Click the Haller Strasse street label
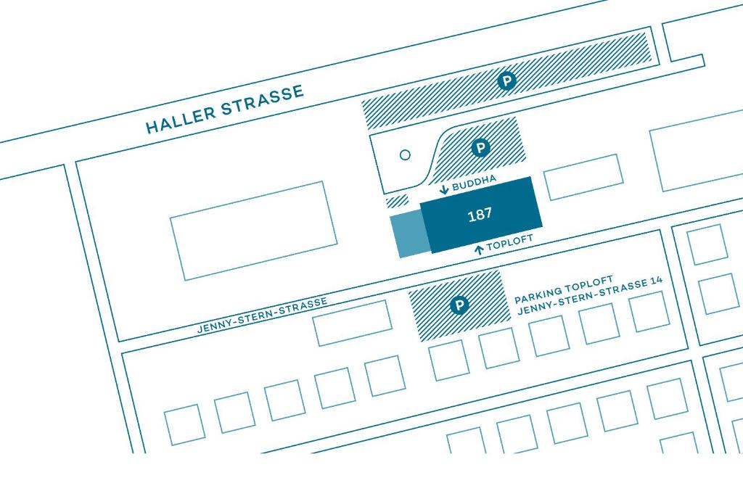(225, 109)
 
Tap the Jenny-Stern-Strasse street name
(262, 315)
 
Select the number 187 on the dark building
(480, 215)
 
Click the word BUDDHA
(474, 183)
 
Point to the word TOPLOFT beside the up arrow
(510, 242)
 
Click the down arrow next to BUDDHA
(444, 190)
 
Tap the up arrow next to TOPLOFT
(479, 249)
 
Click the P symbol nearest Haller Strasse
(506, 81)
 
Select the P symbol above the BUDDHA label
(480, 148)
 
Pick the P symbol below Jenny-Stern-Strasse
(459, 305)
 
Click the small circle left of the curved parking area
(405, 154)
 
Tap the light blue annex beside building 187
(409, 235)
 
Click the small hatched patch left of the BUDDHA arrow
(397, 201)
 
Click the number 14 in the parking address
(656, 280)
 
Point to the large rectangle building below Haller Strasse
(254, 231)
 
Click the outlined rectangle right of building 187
(583, 177)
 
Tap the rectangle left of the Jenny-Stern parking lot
(352, 323)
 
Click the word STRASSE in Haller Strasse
(263, 100)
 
